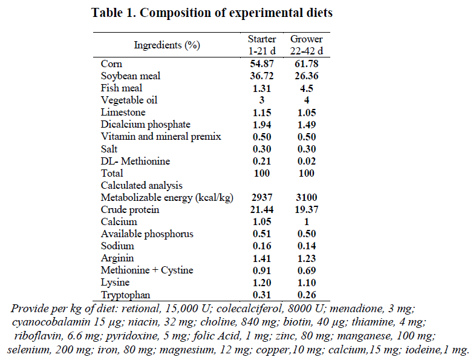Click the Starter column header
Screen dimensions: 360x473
tap(262, 44)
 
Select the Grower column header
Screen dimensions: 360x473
tap(306, 44)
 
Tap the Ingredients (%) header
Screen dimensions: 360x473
tap(167, 45)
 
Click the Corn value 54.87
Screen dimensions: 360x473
tap(262, 64)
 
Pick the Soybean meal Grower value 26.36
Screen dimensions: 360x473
tap(306, 76)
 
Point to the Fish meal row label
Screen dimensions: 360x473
tap(122, 88)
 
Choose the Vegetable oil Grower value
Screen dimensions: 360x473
tap(306, 100)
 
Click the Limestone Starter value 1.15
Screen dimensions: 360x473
tap(262, 112)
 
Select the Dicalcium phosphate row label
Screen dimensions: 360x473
tap(137, 124)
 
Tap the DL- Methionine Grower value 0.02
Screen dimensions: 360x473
tap(306, 161)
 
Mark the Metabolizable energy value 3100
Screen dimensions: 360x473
tap(306, 197)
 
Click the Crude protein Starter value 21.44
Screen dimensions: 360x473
tap(262, 209)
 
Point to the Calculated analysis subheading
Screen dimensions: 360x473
tap(142, 185)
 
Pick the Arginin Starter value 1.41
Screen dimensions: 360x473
tap(262, 258)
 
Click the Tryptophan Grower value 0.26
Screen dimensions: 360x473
tap(306, 295)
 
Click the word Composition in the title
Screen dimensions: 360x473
tap(175, 12)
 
